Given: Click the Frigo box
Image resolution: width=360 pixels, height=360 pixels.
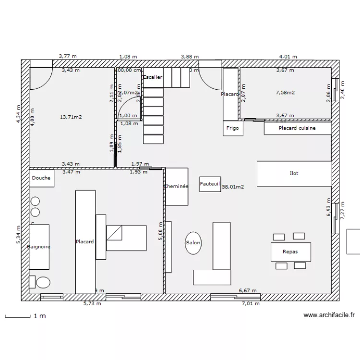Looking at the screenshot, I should tap(232, 128).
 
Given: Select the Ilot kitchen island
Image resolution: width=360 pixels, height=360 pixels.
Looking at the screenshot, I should tap(294, 173).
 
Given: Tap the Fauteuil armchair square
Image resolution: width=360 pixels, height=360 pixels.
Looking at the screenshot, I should tap(210, 184).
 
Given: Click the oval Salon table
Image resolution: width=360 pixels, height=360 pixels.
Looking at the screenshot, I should tap(193, 243).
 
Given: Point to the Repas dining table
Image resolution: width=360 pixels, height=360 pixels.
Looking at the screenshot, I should tap(290, 252).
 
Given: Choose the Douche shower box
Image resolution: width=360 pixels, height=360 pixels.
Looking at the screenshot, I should tap(41, 178).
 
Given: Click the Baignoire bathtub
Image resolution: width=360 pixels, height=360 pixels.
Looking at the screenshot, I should tap(39, 247).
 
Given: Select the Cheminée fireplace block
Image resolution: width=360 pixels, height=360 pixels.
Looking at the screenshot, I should tap(176, 186).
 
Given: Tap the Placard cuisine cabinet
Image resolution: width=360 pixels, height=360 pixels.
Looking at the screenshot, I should tap(297, 128).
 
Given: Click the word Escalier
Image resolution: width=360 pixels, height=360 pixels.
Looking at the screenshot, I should tap(153, 77).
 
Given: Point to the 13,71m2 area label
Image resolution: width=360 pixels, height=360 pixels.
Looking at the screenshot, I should tap(71, 117).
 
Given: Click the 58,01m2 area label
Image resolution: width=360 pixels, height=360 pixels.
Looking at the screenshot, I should tap(233, 187).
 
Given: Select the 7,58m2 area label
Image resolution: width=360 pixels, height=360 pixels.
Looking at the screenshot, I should tap(285, 92).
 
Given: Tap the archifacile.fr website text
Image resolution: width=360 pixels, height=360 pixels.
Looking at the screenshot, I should tap(329, 315).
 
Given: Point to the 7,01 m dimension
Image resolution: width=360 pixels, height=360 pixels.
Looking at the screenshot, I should tap(250, 303).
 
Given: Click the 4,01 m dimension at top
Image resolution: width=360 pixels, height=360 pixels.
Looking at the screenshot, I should tap(288, 56).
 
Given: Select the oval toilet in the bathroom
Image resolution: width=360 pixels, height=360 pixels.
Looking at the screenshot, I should tap(43, 282).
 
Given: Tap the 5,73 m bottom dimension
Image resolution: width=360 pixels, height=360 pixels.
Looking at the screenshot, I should tap(92, 303).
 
